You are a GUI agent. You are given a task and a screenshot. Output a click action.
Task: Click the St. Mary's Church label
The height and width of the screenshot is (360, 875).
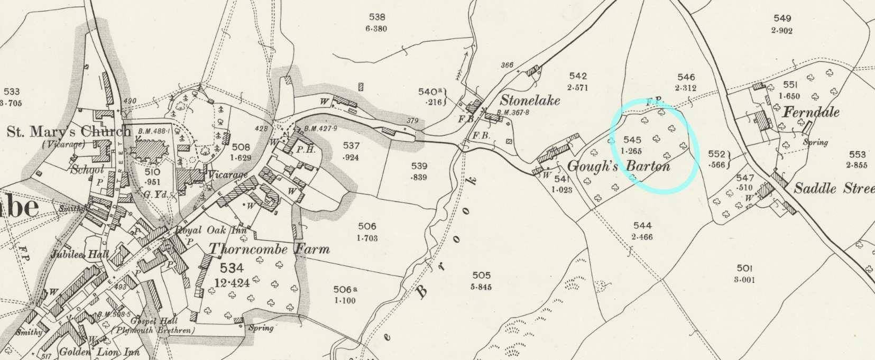(x=68, y=131)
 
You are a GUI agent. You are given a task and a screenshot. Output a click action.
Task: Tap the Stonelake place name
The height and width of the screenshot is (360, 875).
(x=530, y=100)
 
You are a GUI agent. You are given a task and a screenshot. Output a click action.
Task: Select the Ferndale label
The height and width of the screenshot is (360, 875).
(x=811, y=112)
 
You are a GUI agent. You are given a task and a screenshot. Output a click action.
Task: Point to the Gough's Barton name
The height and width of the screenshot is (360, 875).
(x=619, y=166)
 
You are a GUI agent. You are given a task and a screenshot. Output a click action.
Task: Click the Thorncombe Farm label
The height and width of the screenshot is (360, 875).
(x=269, y=249)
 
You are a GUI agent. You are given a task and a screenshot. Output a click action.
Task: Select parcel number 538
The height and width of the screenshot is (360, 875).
(x=377, y=17)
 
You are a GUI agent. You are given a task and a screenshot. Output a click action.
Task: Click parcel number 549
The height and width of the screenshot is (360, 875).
(x=782, y=19)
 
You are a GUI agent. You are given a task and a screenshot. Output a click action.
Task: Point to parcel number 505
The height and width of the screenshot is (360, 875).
(x=481, y=275)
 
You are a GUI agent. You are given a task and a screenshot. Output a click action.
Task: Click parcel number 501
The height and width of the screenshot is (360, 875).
(x=744, y=268)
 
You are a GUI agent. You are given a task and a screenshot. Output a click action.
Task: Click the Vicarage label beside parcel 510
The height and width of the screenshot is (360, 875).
(x=227, y=174)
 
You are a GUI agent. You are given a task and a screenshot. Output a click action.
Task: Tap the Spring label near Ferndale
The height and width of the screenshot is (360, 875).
(x=815, y=142)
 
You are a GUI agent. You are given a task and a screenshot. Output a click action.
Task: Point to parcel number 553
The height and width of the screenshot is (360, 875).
(x=857, y=154)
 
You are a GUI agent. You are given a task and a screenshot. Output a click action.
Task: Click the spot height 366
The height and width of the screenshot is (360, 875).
(x=506, y=65)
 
